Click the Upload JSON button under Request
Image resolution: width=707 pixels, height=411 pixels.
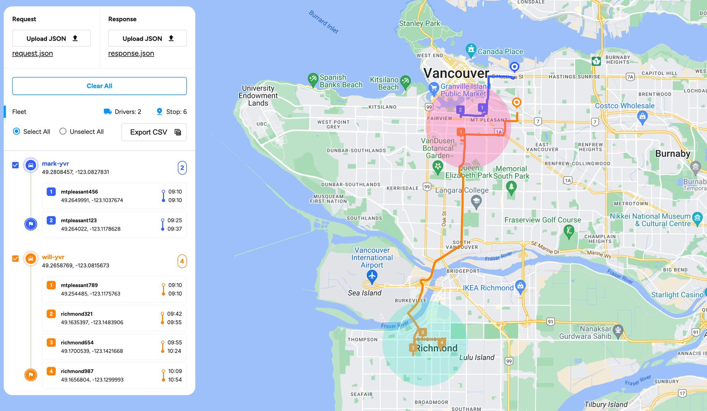[51, 38]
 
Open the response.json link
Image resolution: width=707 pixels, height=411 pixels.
[131, 53]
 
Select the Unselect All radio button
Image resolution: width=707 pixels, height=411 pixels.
[63, 132]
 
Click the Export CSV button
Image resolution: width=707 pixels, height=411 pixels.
[154, 132]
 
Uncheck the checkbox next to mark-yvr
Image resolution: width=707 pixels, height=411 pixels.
[16, 165]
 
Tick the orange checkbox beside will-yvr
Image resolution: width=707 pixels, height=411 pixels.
[16, 259]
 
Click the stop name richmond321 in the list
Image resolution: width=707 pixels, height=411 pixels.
[77, 314]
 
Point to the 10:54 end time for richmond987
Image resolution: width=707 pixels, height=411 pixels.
[175, 380]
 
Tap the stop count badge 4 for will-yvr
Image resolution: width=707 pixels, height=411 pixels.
[182, 261]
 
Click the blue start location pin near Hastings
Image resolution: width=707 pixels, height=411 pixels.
[514, 66]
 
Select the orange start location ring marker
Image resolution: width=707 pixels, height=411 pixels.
[516, 103]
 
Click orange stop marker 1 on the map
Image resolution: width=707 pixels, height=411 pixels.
[461, 132]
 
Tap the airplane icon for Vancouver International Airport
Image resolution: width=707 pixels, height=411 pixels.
[372, 276]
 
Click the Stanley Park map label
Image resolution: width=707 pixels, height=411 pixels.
[419, 23]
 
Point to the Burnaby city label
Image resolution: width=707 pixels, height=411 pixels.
[672, 154]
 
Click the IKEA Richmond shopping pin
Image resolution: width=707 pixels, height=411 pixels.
[520, 285]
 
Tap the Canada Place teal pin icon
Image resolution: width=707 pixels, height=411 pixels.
[471, 50]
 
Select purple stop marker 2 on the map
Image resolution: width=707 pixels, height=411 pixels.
[460, 110]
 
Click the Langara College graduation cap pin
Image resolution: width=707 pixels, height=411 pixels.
[476, 202]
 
